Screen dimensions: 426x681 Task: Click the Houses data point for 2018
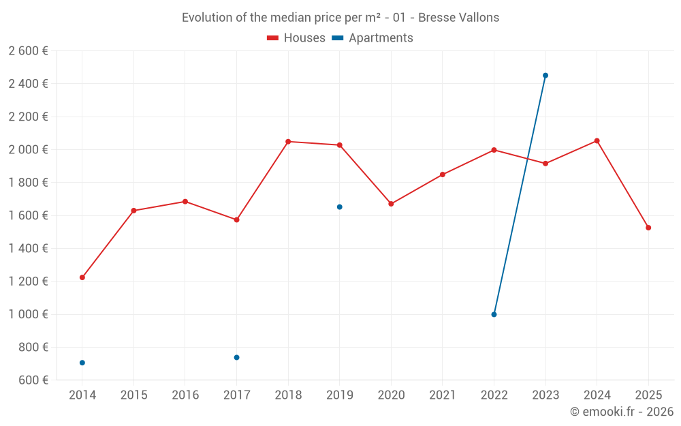pyautogui.click(x=288, y=142)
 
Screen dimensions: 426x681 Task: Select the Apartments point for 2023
pyautogui.click(x=545, y=76)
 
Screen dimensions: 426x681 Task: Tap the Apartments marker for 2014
pyautogui.click(x=82, y=363)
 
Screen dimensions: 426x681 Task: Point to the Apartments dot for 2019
pyautogui.click(x=340, y=207)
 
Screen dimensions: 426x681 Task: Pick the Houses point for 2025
pyautogui.click(x=648, y=228)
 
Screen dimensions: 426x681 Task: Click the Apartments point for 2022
pyautogui.click(x=494, y=314)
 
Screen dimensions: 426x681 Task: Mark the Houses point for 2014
pyautogui.click(x=82, y=277)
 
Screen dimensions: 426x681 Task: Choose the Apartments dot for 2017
pyautogui.click(x=236, y=357)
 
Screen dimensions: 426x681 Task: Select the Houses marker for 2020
pyautogui.click(x=391, y=204)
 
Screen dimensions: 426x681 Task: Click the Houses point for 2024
pyautogui.click(x=597, y=141)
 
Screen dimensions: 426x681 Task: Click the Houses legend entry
pyautogui.click(x=296, y=38)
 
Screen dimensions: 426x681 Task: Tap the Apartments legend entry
pyautogui.click(x=373, y=38)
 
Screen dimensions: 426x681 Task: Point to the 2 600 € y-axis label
pyautogui.click(x=28, y=51)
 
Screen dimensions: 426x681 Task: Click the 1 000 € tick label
pyautogui.click(x=28, y=314)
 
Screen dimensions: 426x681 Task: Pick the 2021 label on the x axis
pyautogui.click(x=443, y=395)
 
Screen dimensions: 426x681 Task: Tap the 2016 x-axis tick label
pyautogui.click(x=185, y=395)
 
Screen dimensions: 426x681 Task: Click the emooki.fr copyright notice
pyautogui.click(x=621, y=412)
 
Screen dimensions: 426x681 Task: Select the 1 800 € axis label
pyautogui.click(x=28, y=183)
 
